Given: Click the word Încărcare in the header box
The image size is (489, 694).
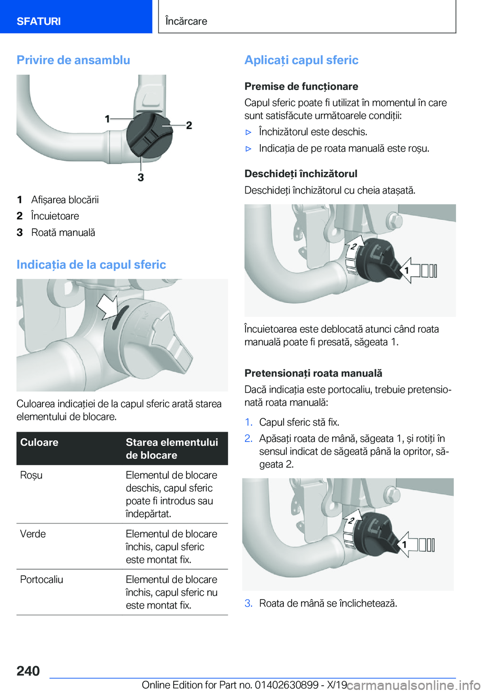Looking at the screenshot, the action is (186, 21).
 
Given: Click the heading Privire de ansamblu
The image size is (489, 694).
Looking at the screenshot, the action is (73, 60).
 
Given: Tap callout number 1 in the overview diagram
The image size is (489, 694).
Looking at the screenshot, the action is (107, 119).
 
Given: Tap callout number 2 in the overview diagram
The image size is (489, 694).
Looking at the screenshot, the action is (189, 125).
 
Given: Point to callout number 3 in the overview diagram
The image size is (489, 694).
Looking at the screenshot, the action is (141, 177).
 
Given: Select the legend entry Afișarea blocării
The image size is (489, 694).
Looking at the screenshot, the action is (65, 200).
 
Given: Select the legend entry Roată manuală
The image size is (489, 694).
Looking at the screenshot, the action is (63, 232).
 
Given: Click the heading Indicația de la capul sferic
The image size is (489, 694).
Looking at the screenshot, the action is (91, 264).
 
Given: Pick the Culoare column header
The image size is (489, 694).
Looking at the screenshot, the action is (39, 442).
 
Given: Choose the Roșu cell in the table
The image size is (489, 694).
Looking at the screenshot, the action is (31, 475).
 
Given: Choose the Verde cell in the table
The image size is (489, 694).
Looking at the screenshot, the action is (33, 534).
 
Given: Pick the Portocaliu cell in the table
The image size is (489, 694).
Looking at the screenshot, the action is (41, 579).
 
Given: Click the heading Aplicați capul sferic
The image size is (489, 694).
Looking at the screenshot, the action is (302, 60).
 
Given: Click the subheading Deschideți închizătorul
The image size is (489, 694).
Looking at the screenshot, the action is (301, 174).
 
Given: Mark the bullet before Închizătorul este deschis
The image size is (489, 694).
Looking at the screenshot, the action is (248, 132).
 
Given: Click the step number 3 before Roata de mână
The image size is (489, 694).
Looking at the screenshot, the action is (249, 603).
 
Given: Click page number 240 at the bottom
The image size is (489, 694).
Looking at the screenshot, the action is (28, 671).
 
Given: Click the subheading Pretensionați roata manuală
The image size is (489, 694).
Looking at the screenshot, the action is (313, 373).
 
